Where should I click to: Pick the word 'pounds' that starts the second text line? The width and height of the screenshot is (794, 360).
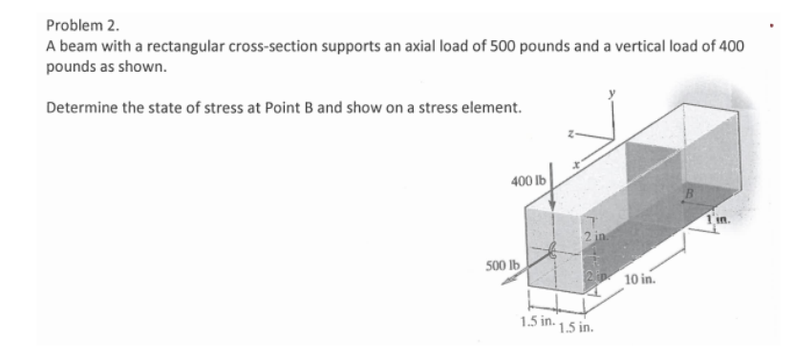(x=70, y=67)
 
